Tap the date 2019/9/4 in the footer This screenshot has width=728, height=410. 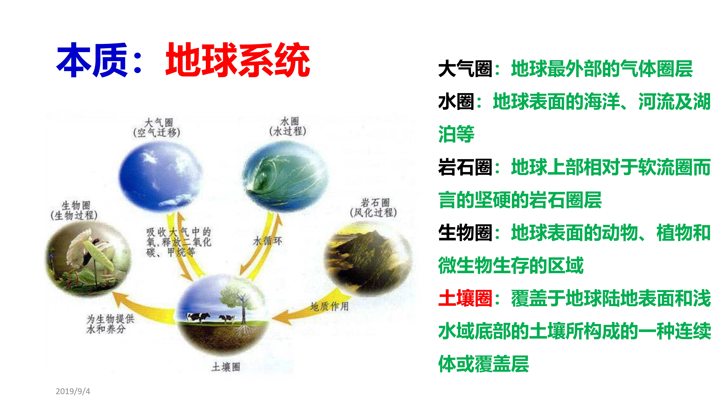pos(73,391)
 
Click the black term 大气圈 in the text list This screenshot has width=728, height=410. pos(465,69)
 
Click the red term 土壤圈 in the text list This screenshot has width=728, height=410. pos(465,298)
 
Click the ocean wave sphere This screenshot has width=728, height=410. pos(285,177)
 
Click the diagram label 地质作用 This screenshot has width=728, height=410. pos(330,306)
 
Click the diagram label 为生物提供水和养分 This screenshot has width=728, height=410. pos(110,324)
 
